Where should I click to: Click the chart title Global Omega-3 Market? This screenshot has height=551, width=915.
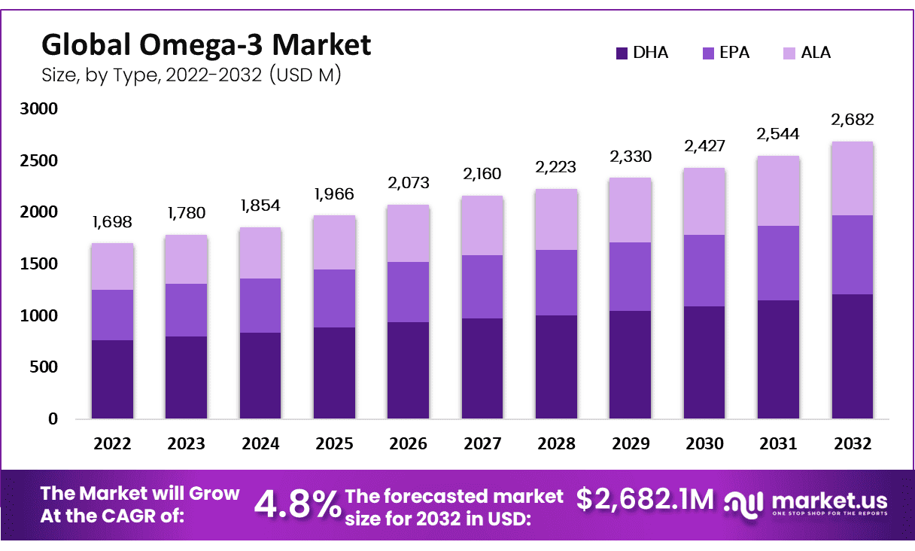(205, 45)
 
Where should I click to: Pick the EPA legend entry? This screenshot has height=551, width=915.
(726, 53)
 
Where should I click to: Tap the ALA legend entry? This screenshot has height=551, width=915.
(806, 53)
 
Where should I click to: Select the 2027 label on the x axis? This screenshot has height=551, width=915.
(482, 444)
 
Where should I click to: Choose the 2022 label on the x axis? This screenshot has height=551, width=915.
(112, 444)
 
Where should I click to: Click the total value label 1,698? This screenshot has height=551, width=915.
(112, 223)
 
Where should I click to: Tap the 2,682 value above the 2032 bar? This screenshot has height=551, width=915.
(852, 120)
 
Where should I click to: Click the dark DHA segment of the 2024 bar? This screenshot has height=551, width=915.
(260, 375)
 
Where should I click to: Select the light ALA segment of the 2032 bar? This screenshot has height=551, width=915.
(852, 178)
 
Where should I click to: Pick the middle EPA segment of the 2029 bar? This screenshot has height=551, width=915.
(631, 276)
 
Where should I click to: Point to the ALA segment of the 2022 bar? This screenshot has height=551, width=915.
(112, 266)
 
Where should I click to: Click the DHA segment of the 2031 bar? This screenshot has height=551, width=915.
(778, 359)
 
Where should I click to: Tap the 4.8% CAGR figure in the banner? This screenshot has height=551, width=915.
(297, 504)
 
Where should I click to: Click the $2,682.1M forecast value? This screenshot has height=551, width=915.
(645, 498)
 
